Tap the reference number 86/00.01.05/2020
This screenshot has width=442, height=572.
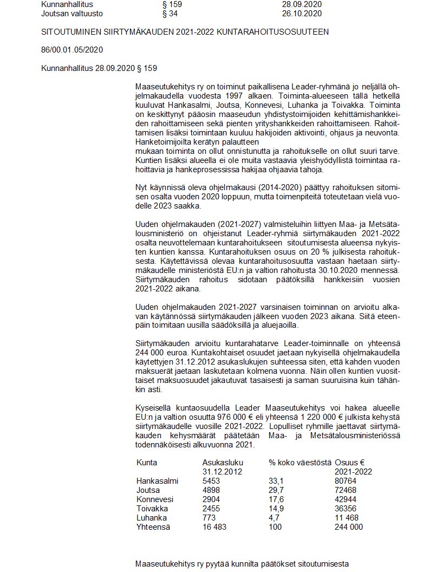coord(72,50)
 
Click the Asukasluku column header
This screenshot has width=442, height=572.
coord(223,463)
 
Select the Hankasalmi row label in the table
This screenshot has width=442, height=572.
coord(158,481)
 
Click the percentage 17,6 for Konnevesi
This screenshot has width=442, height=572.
coord(276,499)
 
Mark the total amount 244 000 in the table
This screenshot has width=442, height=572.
coord(349,527)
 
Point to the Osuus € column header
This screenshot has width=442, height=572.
coord(349,463)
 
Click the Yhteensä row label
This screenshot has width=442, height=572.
coord(154,527)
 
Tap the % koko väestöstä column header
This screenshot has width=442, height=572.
coord(300,463)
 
